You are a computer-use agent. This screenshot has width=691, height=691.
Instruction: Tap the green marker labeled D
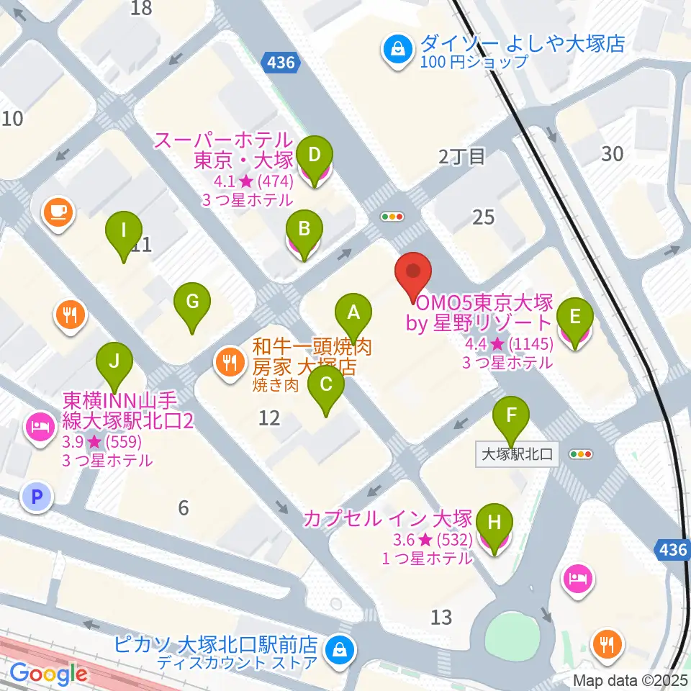tap(314, 154)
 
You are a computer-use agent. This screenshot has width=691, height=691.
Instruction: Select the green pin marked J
tap(113, 362)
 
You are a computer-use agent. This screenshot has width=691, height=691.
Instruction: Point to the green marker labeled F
tap(511, 415)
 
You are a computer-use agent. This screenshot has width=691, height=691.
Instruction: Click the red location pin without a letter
tap(413, 273)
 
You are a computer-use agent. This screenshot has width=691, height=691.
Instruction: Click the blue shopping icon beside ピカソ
tap(337, 649)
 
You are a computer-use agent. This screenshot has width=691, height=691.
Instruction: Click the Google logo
tap(48, 674)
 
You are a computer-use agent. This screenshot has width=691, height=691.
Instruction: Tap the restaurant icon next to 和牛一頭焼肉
tap(230, 361)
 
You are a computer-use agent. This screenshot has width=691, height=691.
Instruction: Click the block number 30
tap(613, 153)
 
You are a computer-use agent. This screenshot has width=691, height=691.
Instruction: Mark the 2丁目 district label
tap(462, 157)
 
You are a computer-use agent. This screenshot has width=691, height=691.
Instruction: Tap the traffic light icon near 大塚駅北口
tap(580, 454)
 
